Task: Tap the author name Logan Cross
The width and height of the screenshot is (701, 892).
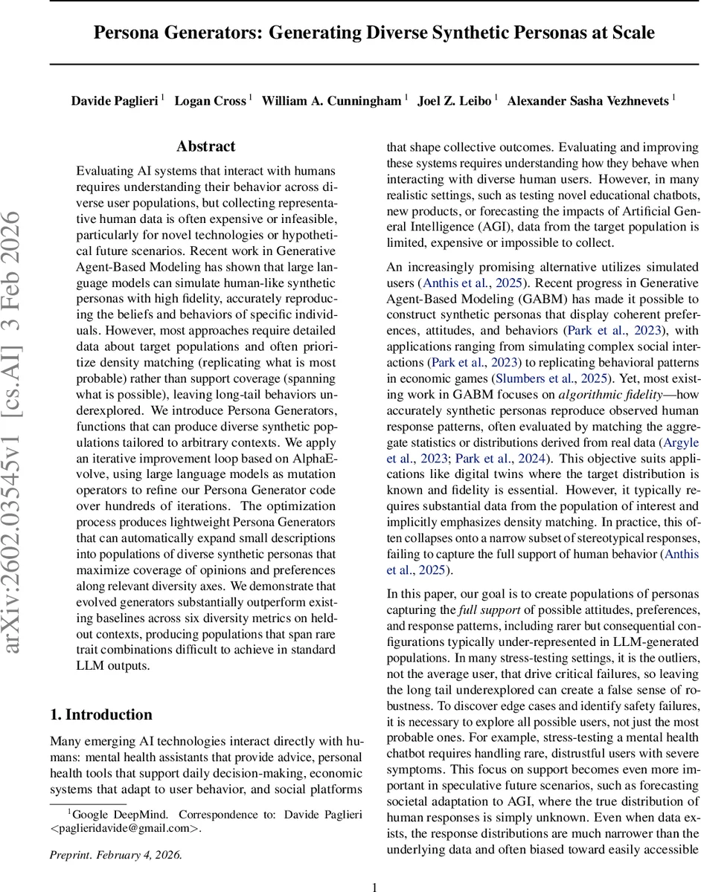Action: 210,100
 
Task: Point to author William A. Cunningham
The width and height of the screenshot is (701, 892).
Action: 331,100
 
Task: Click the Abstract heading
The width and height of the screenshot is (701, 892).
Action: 206,146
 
